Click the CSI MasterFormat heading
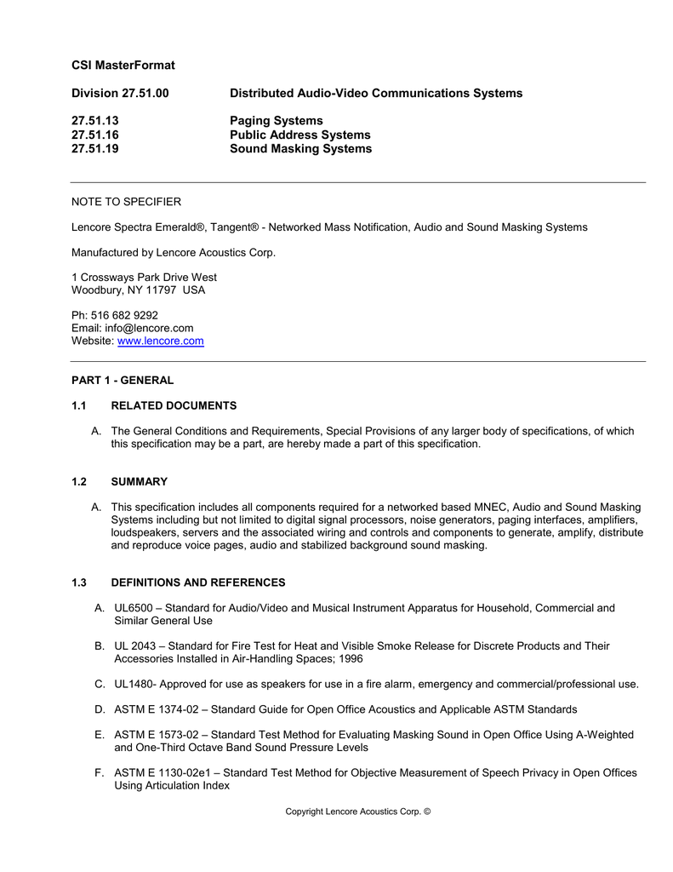123,66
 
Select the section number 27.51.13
95,121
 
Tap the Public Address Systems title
299,135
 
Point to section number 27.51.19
95,149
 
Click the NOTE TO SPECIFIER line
126,202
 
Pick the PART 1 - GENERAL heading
123,381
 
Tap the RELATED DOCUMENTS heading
174,405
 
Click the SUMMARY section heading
140,482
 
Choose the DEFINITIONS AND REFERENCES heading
198,582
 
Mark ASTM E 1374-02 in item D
159,709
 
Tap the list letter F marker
100,772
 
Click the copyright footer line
358,812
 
